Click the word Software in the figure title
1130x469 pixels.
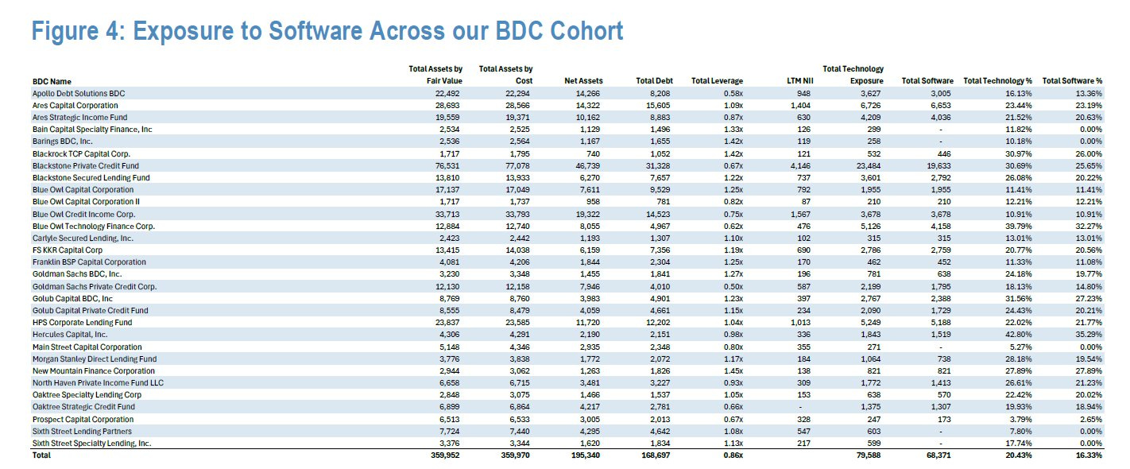pos(315,31)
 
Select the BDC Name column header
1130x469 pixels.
pos(52,81)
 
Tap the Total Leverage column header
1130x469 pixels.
pos(717,81)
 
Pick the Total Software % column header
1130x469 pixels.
pos(1072,81)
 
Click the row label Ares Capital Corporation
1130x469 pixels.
pos(75,106)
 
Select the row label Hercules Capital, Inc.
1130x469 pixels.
pos(70,334)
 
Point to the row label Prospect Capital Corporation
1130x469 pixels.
pos(83,419)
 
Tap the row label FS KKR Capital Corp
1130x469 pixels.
pos(68,250)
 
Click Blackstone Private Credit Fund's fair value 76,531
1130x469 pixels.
pos(447,165)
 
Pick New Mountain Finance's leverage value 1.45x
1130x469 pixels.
pos(733,370)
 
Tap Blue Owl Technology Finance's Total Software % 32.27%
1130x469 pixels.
pos(1089,227)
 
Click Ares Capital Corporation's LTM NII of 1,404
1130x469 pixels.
pos(800,106)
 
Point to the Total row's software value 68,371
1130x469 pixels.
pos(938,455)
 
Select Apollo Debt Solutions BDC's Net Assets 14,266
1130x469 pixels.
pos(588,93)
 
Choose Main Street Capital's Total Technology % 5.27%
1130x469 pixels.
pos(1020,347)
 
